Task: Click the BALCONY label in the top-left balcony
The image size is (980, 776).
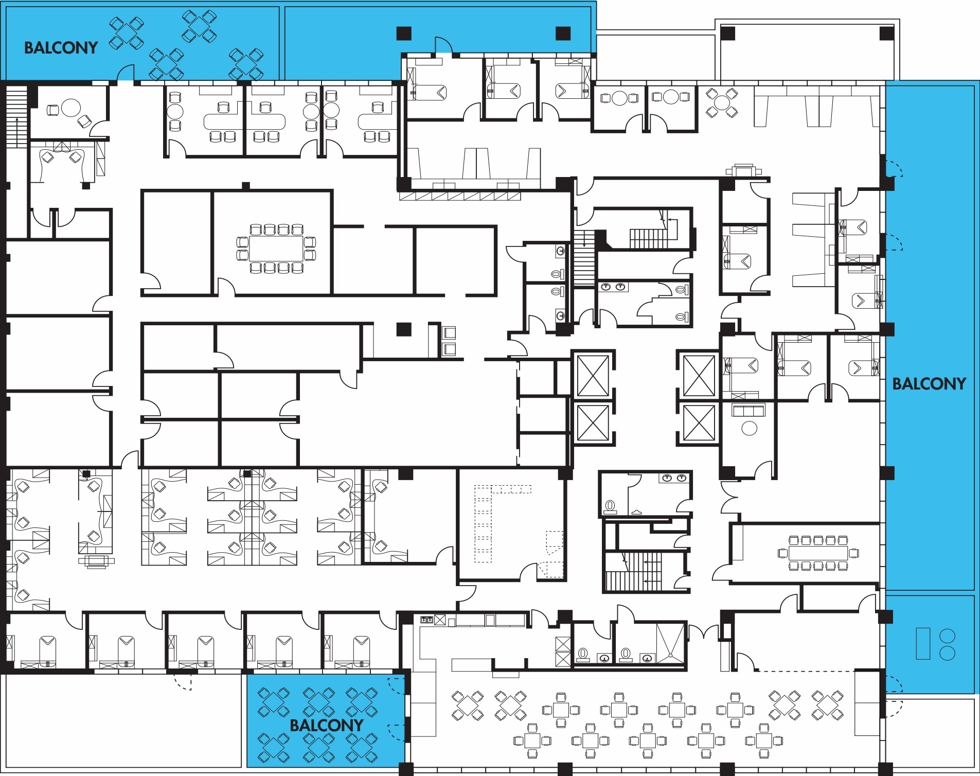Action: click(x=61, y=48)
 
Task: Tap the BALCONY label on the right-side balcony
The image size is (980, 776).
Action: click(x=929, y=384)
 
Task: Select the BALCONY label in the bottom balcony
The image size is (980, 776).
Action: click(x=326, y=726)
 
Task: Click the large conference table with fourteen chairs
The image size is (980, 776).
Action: click(x=276, y=249)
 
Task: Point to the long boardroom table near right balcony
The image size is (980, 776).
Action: click(x=818, y=554)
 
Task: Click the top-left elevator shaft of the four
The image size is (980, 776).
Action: click(x=593, y=376)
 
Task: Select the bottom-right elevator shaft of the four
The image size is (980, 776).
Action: click(x=699, y=423)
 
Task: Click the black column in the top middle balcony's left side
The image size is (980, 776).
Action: click(x=404, y=33)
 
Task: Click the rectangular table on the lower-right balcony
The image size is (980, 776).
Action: click(x=923, y=643)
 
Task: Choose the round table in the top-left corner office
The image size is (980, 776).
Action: click(x=71, y=108)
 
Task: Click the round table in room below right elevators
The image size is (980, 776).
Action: click(x=749, y=428)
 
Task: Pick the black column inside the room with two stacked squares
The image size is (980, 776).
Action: click(x=404, y=329)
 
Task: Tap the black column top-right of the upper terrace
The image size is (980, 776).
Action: click(x=886, y=34)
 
